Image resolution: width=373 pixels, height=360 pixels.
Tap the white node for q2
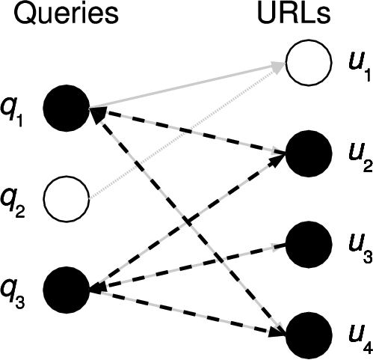67,198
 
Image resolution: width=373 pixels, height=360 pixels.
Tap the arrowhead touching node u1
278,68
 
